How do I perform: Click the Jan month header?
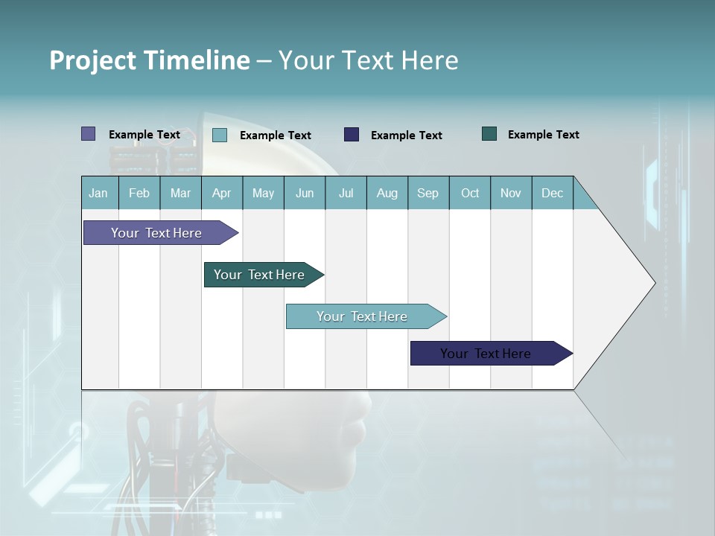(98, 193)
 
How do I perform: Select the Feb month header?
(139, 193)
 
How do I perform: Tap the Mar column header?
(180, 193)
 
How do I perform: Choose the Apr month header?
(222, 193)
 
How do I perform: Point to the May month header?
(263, 193)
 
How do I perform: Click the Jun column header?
(305, 193)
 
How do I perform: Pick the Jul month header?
(346, 193)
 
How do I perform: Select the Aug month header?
(387, 193)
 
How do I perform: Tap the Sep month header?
(428, 193)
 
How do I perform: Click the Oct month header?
(470, 193)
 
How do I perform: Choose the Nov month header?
(511, 193)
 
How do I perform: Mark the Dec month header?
(553, 193)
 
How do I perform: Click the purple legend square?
(89, 134)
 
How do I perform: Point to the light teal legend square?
(220, 135)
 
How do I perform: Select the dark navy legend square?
(352, 135)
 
